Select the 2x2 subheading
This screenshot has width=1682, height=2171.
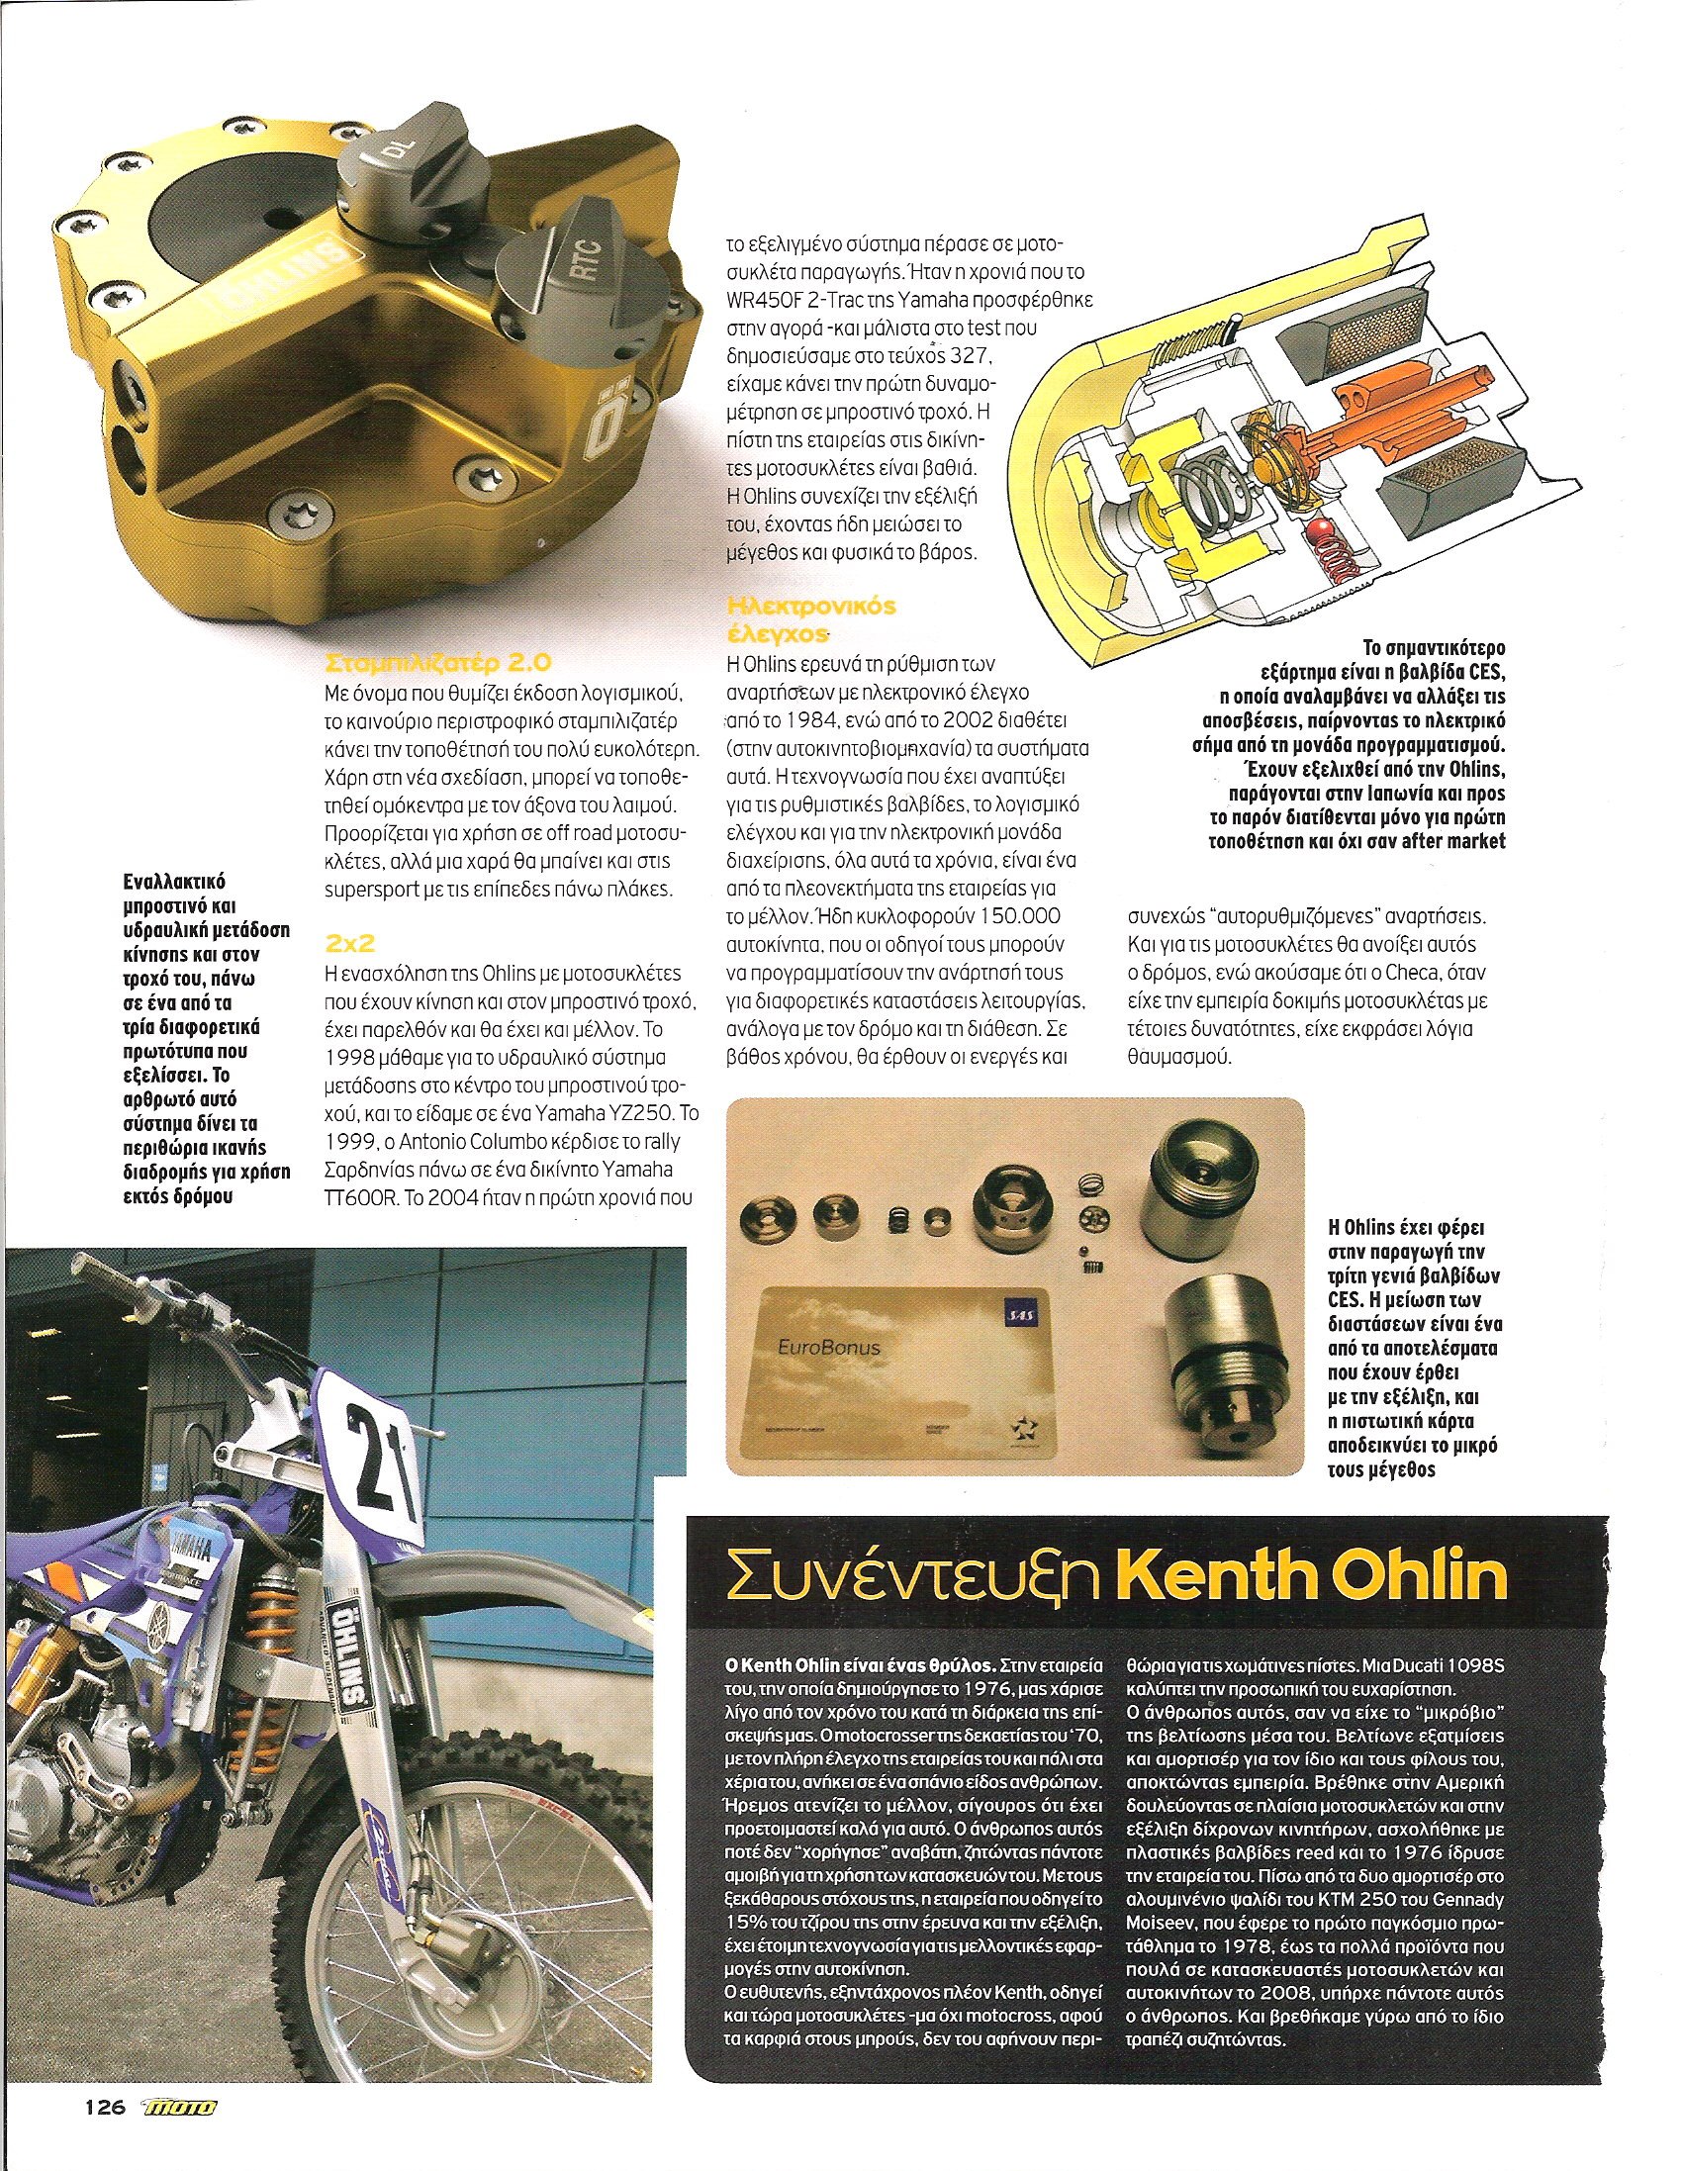pyautogui.click(x=343, y=940)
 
